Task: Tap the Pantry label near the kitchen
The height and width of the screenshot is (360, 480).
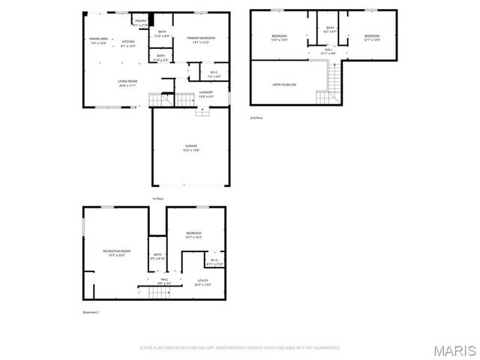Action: [141, 22]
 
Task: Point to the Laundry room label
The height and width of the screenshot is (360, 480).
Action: [206, 94]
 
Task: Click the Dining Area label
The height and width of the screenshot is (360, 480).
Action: [98, 40]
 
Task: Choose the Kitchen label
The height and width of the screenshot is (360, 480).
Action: [128, 43]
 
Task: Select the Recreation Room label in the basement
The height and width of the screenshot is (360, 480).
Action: [116, 253]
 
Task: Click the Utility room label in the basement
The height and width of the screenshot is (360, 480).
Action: [203, 283]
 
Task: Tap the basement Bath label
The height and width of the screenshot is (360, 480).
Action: [157, 256]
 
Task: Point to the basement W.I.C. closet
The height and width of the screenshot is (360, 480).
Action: [214, 262]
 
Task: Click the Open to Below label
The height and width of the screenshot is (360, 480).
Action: [284, 85]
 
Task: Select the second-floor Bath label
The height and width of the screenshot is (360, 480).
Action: [330, 29]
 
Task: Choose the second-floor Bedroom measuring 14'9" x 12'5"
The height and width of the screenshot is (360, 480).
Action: [279, 37]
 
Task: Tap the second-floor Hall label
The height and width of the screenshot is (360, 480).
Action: [328, 52]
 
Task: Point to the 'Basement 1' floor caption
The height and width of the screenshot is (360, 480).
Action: [91, 312]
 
